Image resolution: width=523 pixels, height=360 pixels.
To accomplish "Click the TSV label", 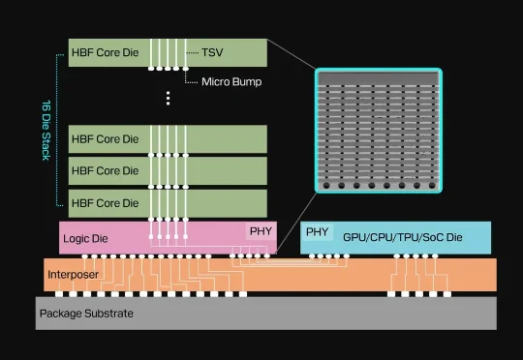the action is [212, 52].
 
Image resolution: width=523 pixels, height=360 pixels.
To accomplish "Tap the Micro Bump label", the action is [231, 82].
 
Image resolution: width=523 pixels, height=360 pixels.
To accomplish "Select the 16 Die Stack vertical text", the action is [46, 130].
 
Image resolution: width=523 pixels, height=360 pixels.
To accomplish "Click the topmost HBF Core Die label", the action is [105, 52].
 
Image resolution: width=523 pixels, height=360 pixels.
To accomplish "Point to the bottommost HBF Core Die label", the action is [105, 203].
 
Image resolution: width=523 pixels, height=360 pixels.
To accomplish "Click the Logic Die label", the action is [85, 238].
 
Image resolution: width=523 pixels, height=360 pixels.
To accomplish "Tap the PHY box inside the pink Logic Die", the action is [261, 231].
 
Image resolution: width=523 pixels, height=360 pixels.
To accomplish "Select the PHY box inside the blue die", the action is [317, 231].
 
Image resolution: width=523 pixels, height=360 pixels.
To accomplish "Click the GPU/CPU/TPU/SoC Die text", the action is [403, 237].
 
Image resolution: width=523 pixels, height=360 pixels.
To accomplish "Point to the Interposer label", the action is [73, 275].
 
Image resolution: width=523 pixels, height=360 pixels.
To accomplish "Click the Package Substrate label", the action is [86, 314].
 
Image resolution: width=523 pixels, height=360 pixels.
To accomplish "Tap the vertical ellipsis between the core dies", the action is [168, 98].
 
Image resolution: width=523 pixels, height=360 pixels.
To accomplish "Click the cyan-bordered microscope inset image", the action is [379, 131].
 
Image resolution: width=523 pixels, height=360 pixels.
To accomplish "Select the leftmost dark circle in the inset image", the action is [326, 186].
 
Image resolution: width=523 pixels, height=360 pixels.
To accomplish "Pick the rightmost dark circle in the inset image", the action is [432, 186].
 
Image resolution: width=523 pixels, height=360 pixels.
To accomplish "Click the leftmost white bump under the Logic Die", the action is [84, 256].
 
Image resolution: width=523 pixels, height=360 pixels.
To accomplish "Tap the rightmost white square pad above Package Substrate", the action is [447, 294].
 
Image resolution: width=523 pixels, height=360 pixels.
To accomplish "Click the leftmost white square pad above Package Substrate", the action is [59, 294].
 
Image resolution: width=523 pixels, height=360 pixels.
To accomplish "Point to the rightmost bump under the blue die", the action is [435, 256].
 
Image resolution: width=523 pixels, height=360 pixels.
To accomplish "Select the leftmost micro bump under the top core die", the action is [151, 69].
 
